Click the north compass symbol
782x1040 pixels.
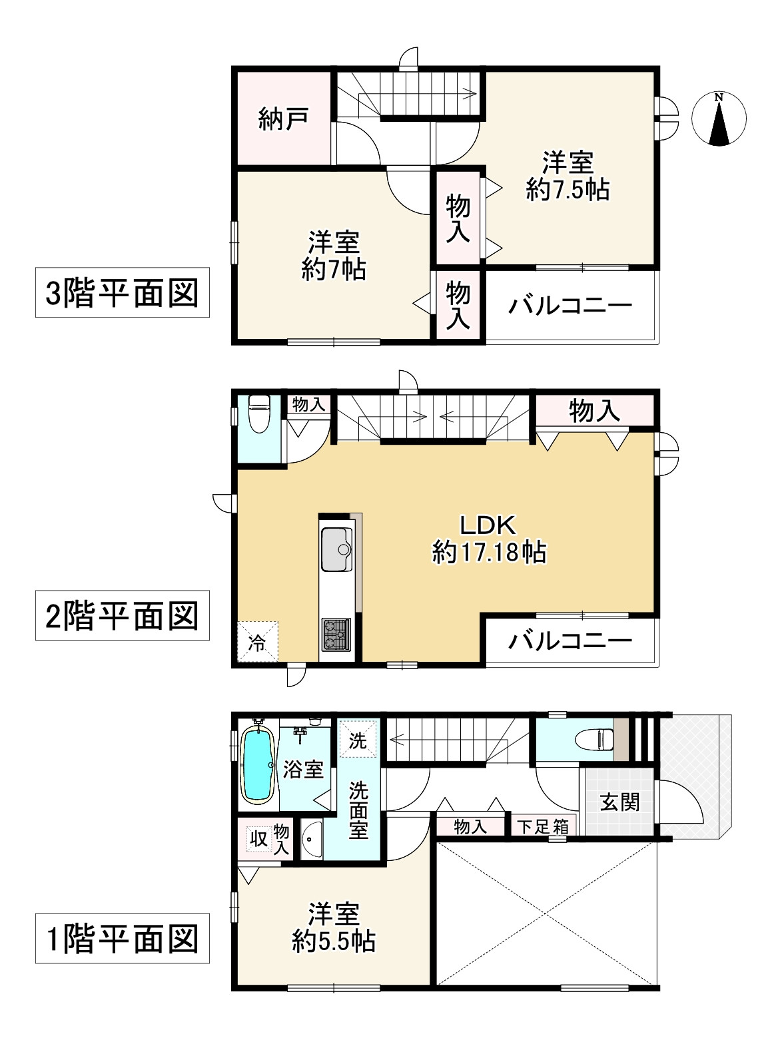719,119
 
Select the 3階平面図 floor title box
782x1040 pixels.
122,293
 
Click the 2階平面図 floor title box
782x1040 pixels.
122,616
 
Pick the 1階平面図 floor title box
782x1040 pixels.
122,939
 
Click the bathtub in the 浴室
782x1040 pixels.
258,765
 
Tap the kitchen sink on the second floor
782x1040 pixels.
338,549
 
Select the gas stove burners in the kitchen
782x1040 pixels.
336,634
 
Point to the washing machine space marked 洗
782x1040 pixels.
358,740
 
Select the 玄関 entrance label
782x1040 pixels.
620,802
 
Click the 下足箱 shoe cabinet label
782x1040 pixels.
544,827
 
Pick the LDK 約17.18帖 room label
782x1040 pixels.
490,539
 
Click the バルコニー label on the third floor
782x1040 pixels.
571,306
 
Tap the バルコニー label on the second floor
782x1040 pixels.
571,641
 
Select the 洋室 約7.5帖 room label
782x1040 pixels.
568,176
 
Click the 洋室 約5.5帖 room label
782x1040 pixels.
334,927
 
